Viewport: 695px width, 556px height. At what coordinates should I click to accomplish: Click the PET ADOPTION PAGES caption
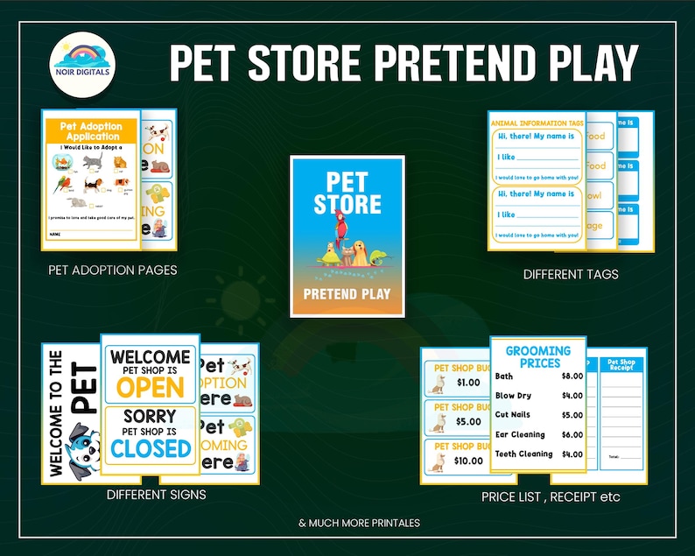(113, 270)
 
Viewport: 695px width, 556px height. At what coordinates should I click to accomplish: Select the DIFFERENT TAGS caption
(571, 274)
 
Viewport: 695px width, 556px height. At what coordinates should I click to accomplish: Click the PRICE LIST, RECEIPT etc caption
(551, 497)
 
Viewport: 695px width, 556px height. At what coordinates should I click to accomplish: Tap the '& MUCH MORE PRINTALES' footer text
(359, 523)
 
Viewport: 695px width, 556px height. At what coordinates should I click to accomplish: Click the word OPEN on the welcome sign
(151, 387)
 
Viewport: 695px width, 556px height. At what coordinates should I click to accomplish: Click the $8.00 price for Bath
(572, 377)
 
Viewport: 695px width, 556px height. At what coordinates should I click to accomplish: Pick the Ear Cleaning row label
(520, 435)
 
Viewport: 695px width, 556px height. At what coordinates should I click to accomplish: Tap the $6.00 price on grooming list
(572, 435)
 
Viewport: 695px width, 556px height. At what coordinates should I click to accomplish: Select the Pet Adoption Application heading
(90, 131)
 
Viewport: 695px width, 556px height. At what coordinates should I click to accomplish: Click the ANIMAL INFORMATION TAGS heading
(537, 123)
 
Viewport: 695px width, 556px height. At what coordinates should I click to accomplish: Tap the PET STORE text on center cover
(347, 194)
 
